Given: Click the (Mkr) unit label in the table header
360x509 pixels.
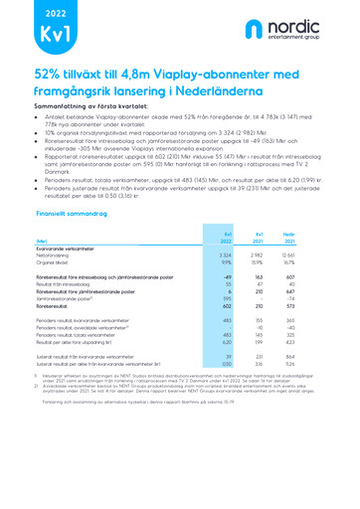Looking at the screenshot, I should pyautogui.click(x=41, y=240).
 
